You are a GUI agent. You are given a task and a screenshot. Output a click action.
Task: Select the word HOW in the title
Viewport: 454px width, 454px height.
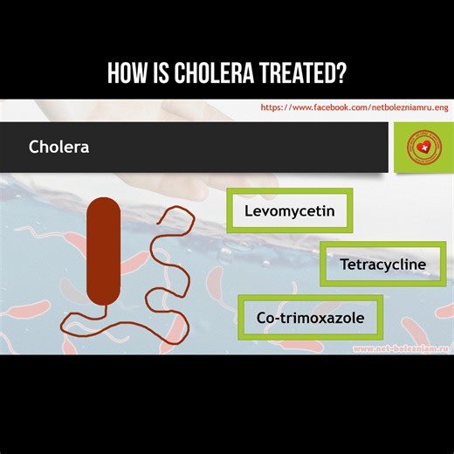tap(124, 74)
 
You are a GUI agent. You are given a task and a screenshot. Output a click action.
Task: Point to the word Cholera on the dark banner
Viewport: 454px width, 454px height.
tap(58, 147)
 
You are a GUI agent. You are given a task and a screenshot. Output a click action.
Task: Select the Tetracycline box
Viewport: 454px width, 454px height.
tap(383, 264)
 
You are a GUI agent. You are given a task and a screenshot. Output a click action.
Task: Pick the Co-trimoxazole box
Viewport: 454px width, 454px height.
tap(309, 317)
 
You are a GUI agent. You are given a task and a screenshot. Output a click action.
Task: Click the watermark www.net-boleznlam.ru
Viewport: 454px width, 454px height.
tap(400, 348)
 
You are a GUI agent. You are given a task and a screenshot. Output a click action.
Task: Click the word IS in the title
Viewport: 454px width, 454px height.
tap(157, 74)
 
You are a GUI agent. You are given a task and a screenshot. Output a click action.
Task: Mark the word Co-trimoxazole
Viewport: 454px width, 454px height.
tap(310, 317)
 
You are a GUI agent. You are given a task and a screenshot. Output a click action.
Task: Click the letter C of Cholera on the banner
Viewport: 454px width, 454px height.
tap(34, 147)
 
